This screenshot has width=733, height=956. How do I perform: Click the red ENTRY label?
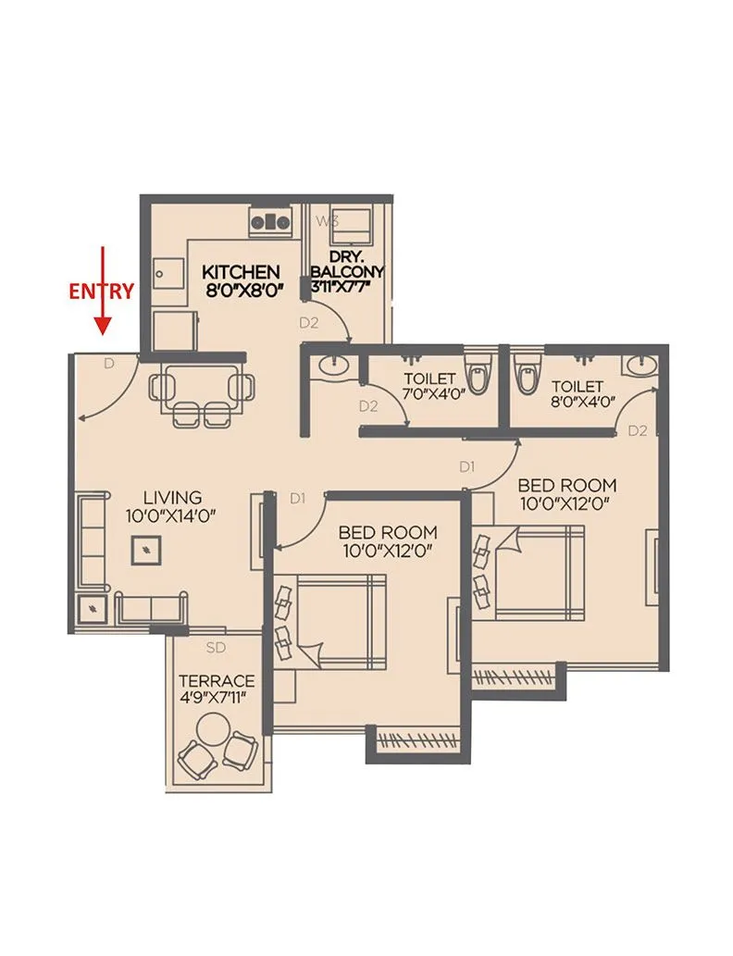click(x=103, y=291)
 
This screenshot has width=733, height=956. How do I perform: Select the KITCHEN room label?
click(x=241, y=272)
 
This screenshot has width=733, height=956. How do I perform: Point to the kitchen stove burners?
click(x=270, y=222)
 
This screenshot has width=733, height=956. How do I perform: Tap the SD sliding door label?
click(x=216, y=647)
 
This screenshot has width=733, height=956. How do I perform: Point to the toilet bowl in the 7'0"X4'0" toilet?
click(x=477, y=373)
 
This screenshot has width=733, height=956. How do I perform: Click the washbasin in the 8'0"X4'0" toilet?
click(x=638, y=366)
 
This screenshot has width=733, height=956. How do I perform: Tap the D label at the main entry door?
click(x=108, y=365)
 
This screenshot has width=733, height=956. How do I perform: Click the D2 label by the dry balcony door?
click(x=308, y=323)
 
